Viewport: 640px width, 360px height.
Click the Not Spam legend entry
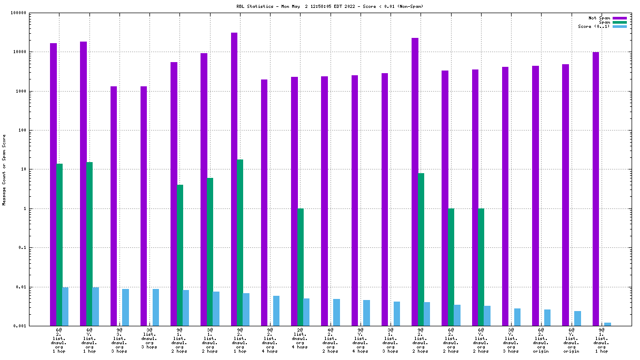(x=599, y=18)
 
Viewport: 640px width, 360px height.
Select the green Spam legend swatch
(x=620, y=22)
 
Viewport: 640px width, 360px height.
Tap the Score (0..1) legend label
(x=594, y=26)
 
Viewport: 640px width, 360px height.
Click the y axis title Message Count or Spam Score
(x=4, y=169)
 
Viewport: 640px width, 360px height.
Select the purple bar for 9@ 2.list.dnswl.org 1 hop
(x=234, y=179)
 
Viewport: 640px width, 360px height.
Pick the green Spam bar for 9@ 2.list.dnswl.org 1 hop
(x=240, y=243)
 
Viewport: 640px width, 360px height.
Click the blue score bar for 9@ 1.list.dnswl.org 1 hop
(x=607, y=324)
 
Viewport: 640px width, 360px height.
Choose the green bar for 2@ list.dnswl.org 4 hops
(x=301, y=267)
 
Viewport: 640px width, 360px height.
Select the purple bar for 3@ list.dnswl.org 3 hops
(x=144, y=206)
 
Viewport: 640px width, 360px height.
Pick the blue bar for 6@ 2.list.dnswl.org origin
(x=547, y=318)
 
